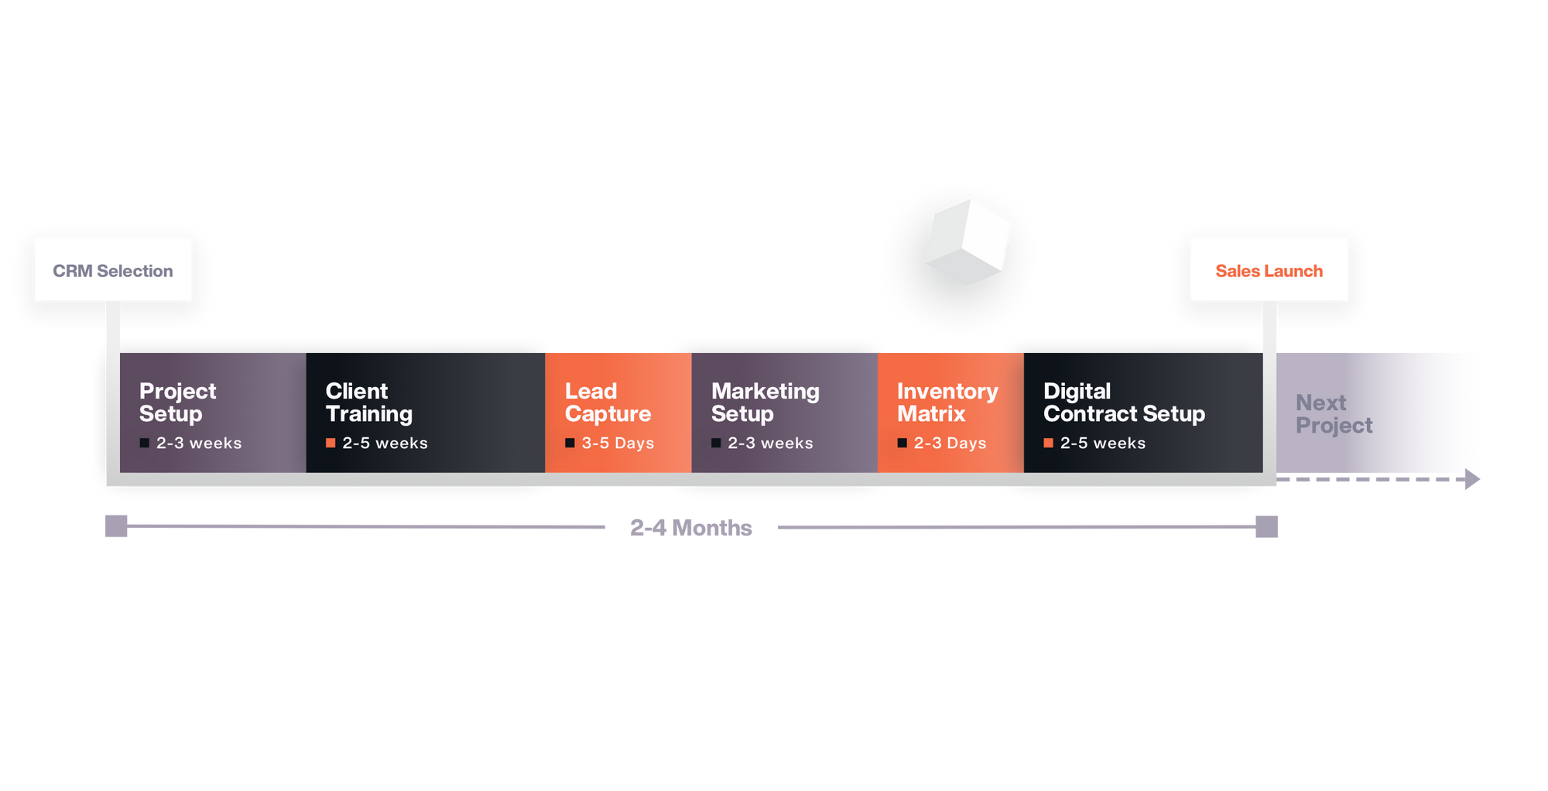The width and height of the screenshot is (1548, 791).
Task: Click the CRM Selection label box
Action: (x=113, y=270)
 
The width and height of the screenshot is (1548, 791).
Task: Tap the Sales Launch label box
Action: (x=1269, y=270)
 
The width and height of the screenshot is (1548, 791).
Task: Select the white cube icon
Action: (x=967, y=242)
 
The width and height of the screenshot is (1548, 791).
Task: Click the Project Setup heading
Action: (x=177, y=402)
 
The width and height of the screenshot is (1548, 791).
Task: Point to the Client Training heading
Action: (x=368, y=402)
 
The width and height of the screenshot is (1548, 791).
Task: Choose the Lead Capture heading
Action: (x=608, y=402)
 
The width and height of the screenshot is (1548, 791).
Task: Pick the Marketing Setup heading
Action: (x=765, y=402)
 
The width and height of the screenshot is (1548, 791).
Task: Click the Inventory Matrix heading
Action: (x=947, y=402)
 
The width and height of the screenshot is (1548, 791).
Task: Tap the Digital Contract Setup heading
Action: (x=1123, y=402)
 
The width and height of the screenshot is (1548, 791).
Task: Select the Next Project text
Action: (x=1334, y=413)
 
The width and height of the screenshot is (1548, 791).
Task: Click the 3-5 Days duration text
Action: (x=618, y=443)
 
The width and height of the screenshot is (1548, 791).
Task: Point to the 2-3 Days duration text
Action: (x=950, y=443)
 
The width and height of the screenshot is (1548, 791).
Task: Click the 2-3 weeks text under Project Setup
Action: (x=199, y=443)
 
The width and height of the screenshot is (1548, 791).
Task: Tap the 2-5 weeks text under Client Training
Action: (x=385, y=443)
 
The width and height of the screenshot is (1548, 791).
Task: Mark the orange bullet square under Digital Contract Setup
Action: (x=1048, y=443)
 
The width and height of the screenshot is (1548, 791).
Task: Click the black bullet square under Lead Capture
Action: (x=570, y=443)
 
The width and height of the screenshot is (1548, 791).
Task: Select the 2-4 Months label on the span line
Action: (x=690, y=527)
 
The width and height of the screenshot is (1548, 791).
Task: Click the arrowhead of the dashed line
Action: (x=1471, y=480)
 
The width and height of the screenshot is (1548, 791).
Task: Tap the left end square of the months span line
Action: (x=116, y=526)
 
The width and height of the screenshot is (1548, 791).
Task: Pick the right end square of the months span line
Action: (x=1266, y=526)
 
